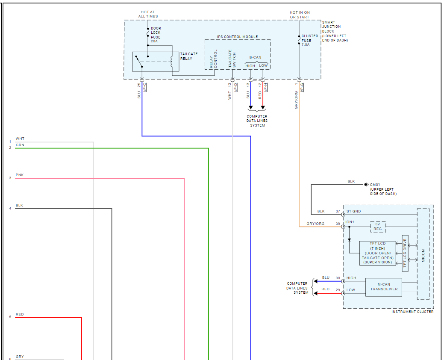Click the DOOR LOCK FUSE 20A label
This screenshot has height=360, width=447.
[x=156, y=35]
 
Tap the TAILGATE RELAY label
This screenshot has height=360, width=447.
[x=186, y=56]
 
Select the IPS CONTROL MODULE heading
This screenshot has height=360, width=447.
[x=238, y=37]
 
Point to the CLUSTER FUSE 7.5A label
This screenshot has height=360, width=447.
[x=309, y=40]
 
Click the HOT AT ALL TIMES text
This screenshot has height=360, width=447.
[x=148, y=14]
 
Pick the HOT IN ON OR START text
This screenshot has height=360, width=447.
[x=300, y=15]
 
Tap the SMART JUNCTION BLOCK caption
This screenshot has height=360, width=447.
[x=335, y=31]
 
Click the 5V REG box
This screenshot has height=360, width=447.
[x=378, y=227]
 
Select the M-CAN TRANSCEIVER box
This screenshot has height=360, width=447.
[x=384, y=287]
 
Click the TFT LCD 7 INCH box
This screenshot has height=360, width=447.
[x=377, y=253]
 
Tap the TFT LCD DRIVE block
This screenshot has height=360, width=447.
[x=405, y=253]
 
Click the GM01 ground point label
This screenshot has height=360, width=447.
[x=383, y=189]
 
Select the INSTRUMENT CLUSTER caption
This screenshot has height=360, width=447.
[x=412, y=312]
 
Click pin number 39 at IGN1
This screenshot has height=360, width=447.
[x=338, y=224]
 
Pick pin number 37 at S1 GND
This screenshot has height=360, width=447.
[x=338, y=211]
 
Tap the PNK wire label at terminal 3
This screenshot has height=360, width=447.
[x=19, y=175]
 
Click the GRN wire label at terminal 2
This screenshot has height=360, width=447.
[x=20, y=145]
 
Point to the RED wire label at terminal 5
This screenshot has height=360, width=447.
[x=20, y=314]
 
